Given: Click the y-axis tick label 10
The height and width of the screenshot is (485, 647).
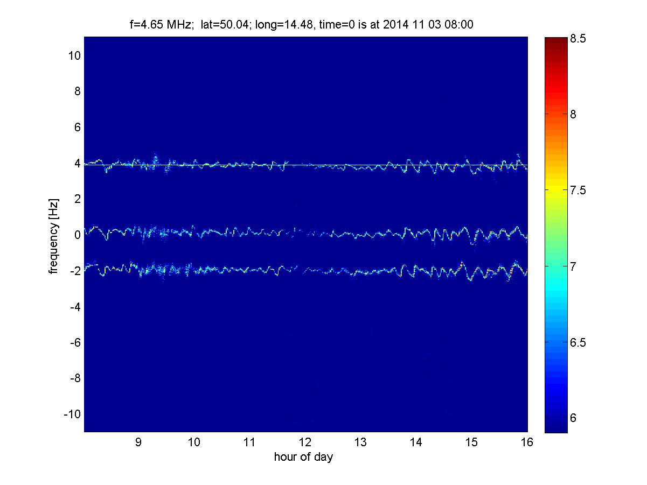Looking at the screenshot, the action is tap(74, 55).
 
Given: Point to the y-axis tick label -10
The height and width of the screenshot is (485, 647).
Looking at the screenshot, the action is tap(72, 414).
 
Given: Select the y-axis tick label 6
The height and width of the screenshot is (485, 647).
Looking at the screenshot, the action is tap(77, 127).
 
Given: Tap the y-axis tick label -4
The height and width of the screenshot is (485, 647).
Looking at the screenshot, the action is tap(75, 307).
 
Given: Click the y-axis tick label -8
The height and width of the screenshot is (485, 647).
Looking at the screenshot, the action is tap(75, 378).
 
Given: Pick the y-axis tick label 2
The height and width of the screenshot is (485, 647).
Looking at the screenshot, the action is tap(77, 199).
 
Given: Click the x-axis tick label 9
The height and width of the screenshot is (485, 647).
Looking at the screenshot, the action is tap(138, 442).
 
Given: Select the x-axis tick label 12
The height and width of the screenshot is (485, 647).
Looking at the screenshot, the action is tap(305, 442).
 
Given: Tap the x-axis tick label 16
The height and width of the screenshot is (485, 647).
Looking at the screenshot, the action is tap(527, 442).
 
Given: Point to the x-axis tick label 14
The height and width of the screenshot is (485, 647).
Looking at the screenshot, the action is tap(416, 442).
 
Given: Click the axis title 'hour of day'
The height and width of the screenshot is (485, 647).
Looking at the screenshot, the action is tap(303, 456).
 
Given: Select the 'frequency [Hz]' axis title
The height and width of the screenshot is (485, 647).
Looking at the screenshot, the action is tap(54, 236).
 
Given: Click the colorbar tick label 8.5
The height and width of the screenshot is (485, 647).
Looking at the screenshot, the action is tap(578, 39).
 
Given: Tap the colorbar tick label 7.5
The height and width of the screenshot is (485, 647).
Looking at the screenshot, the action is tap(578, 190).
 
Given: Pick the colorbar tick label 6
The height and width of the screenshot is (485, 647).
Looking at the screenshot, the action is tap(573, 418).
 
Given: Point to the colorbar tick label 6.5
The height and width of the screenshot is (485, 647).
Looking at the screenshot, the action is tap(578, 342).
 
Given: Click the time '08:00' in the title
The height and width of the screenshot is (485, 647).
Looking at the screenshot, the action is tap(459, 24).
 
